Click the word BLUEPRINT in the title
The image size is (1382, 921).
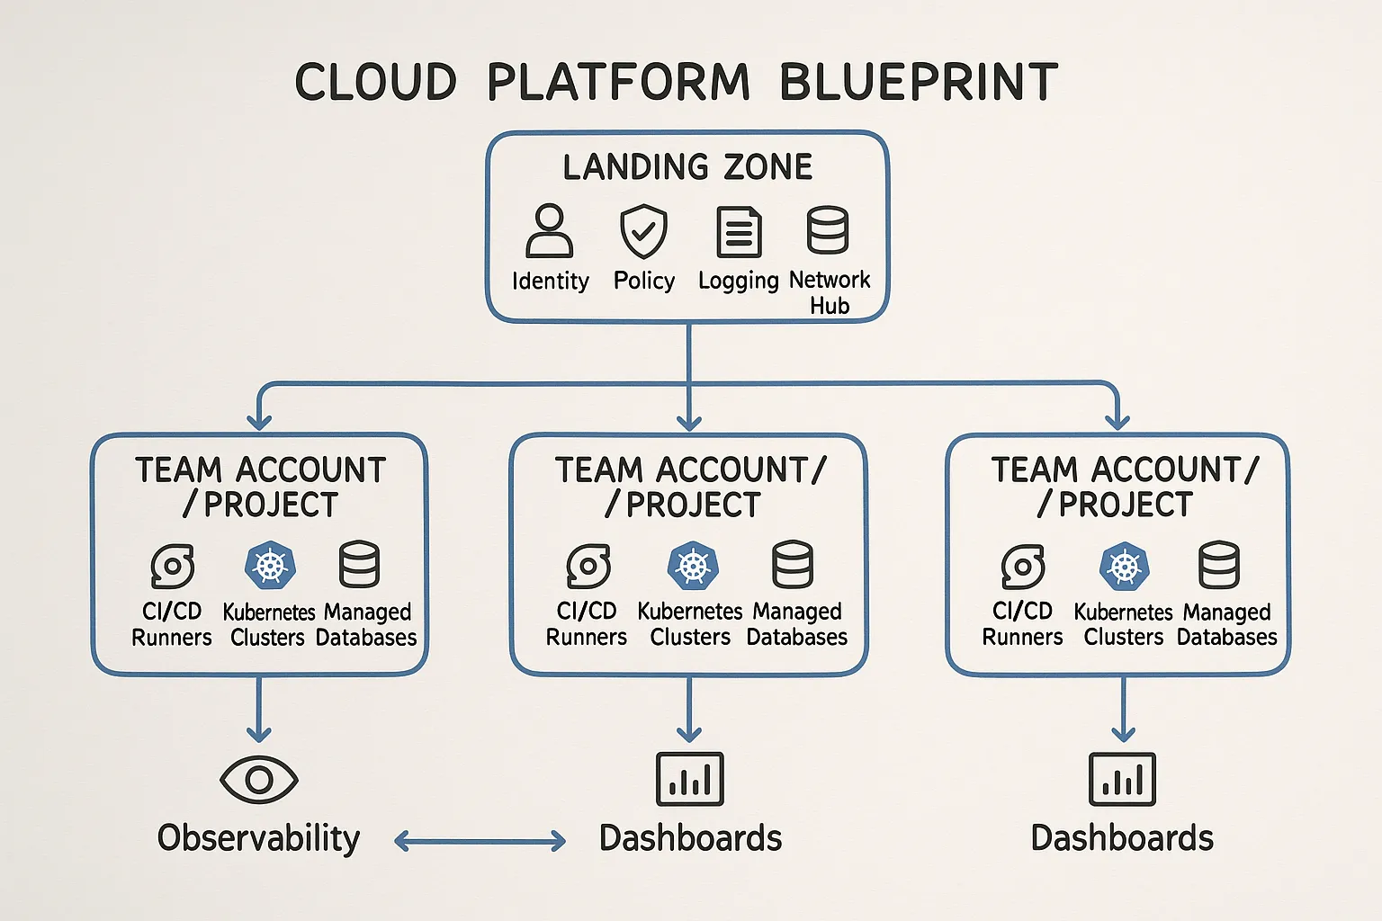[918, 82]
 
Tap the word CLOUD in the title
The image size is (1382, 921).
[376, 82]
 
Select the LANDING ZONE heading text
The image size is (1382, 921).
[687, 167]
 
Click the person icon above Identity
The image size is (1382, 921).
[549, 231]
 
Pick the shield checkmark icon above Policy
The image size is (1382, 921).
[643, 231]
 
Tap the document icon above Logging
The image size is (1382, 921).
[739, 231]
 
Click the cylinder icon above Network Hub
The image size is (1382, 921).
[828, 230]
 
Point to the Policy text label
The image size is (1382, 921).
[643, 281]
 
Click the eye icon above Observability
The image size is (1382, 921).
[259, 779]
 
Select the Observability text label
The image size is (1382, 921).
[258, 838]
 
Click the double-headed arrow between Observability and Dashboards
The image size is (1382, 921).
[480, 841]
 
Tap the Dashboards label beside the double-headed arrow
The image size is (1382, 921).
[690, 838]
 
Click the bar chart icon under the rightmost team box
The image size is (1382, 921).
[1122, 779]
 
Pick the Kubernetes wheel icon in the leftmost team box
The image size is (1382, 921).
[270, 566]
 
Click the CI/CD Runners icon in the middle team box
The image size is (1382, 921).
[588, 566]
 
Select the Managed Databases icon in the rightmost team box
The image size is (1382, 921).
[1219, 565]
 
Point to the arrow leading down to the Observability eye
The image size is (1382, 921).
[259, 710]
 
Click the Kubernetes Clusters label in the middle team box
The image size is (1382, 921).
[690, 623]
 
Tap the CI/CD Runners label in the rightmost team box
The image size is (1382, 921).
[1022, 623]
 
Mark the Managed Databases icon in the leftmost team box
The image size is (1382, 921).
[359, 565]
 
